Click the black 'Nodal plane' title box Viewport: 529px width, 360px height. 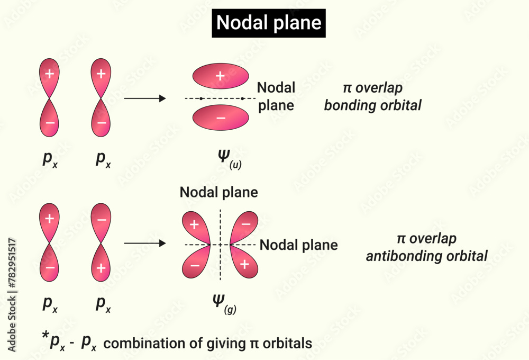coord(269,23)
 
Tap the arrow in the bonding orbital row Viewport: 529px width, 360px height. coord(144,98)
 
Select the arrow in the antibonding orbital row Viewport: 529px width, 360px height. coord(144,244)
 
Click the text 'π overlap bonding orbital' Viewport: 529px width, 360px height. coord(372,97)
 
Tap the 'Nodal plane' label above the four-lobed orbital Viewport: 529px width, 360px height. coord(218,192)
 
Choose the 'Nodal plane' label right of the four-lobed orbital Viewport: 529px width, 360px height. coord(299,245)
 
